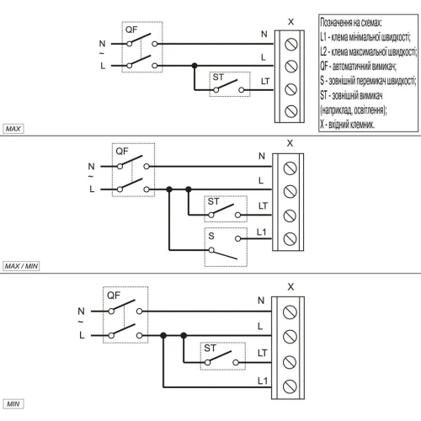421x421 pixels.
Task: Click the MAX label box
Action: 13,129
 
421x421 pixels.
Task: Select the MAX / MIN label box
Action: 21,266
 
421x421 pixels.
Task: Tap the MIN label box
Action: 13,404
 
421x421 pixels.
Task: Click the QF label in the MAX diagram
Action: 131,29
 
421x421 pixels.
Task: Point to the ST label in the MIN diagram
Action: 210,349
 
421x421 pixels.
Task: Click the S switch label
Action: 211,236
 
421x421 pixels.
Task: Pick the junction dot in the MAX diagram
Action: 195,66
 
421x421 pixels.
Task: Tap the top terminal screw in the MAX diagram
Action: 291,45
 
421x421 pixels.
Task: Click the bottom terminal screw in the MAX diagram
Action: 291,111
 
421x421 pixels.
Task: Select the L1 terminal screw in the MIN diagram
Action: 290,386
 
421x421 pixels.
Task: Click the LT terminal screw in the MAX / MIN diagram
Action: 290,216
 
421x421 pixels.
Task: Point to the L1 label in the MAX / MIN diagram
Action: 261,232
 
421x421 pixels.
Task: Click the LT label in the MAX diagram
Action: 265,82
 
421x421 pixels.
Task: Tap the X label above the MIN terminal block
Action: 290,287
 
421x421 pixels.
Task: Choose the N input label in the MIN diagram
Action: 81,311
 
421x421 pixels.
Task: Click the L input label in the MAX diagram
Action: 103,66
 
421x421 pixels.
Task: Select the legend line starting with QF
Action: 358,67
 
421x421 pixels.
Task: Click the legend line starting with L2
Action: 369,51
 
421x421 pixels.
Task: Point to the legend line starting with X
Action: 347,125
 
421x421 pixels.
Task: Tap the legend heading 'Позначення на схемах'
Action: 351,23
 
